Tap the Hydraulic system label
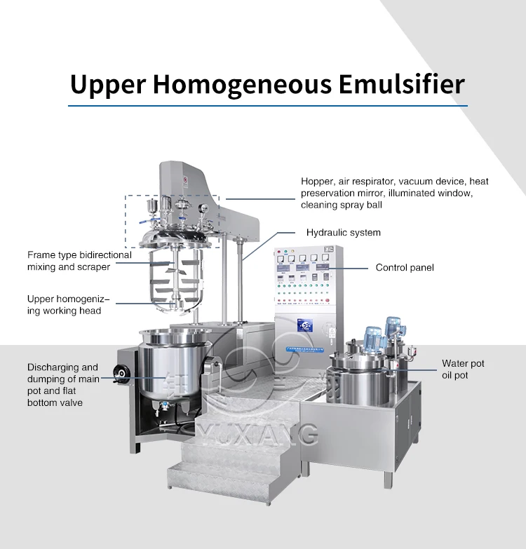pos(343,232)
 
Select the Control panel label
pos(405,267)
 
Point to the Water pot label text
pos(463,363)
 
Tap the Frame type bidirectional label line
pos(79,255)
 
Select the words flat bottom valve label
pos(55,402)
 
